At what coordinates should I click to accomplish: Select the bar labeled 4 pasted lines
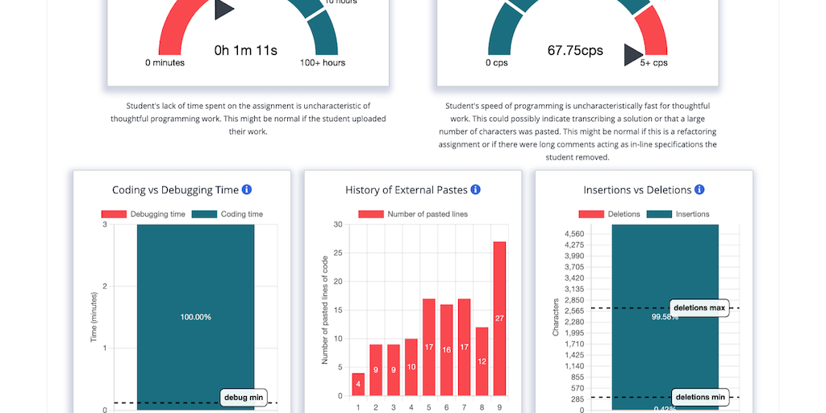coord(358,384)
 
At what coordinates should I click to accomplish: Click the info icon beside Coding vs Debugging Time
coord(247,190)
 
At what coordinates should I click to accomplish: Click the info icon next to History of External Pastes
coord(475,190)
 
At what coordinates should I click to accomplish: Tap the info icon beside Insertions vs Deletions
coord(699,190)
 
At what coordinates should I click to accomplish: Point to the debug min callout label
coord(243,398)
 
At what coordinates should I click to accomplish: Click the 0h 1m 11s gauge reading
coord(246,51)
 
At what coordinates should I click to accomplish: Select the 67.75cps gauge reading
coord(575,51)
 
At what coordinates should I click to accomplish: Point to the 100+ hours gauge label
coord(323,63)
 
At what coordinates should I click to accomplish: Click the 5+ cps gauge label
coord(654,63)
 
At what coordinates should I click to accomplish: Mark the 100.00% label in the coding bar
coord(195,317)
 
